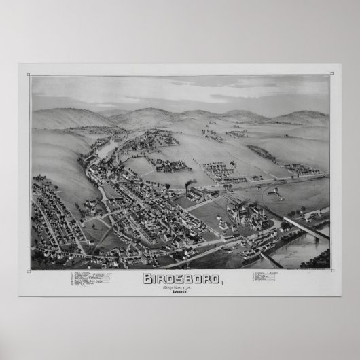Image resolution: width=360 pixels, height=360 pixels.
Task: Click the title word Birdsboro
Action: coord(180,278)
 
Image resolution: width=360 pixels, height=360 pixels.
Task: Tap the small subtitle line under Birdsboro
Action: coord(180,287)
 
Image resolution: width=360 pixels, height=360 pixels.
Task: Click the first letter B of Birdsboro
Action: coord(147,278)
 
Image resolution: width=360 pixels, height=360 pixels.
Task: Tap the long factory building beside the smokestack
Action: coord(199,195)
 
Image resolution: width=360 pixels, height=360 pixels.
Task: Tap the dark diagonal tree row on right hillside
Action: coord(261,154)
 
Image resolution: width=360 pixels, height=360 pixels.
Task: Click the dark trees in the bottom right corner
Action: coord(319,259)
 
